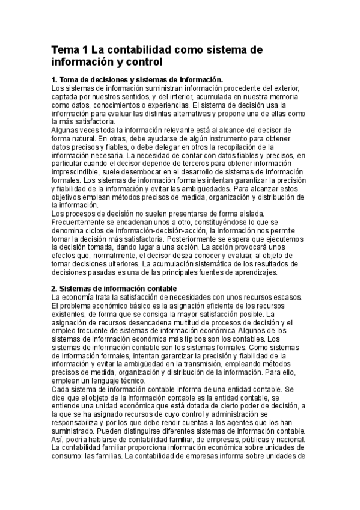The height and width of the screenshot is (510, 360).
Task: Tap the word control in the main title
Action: coord(142,62)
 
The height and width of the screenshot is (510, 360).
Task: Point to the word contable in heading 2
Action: coord(156,289)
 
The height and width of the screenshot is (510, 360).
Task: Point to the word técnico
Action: coord(130,381)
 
